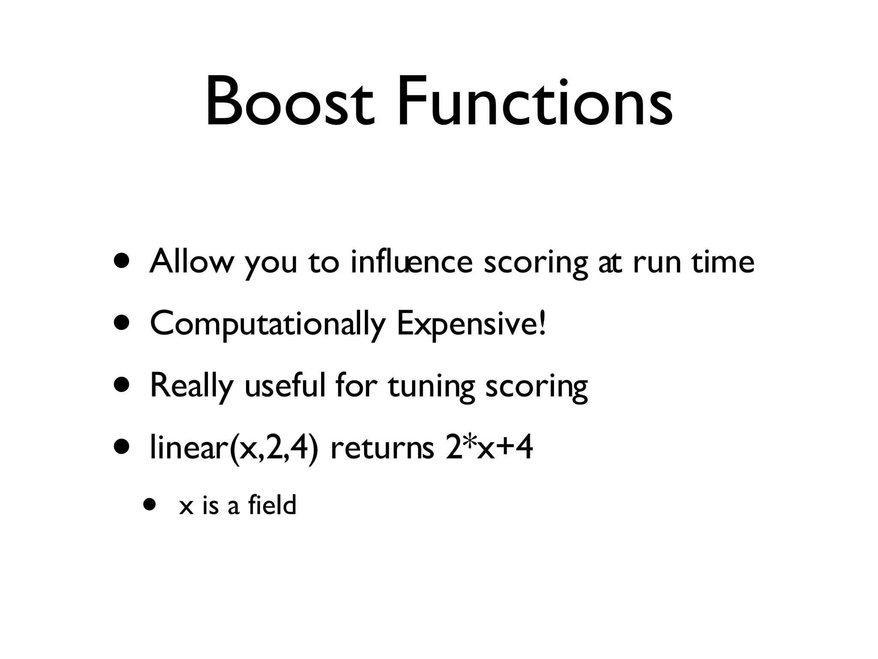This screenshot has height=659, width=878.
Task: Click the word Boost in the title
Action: (x=290, y=102)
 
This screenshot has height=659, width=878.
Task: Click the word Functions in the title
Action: (x=534, y=102)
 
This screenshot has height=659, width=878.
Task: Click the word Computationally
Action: (x=268, y=324)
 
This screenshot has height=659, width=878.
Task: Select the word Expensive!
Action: (x=472, y=324)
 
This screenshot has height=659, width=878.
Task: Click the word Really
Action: (x=192, y=386)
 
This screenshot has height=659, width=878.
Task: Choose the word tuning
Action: (x=431, y=386)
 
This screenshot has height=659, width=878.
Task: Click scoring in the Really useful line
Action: (x=536, y=386)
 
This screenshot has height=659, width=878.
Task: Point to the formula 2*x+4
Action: (x=489, y=447)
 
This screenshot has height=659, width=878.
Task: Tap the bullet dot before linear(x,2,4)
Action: (x=121, y=447)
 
